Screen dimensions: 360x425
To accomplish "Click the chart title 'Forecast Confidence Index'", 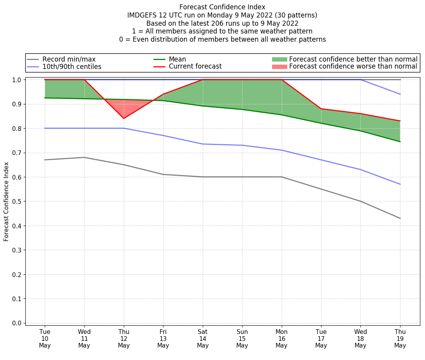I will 222,7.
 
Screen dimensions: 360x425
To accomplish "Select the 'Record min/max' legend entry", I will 69,59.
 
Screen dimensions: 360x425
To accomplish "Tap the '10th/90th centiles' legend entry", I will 72,67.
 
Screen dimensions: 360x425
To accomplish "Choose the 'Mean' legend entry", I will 177,59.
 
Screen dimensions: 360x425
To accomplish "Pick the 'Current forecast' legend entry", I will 195,67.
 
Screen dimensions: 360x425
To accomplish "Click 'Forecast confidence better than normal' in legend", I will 353,59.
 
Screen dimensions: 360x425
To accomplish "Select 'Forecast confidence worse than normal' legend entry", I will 353,67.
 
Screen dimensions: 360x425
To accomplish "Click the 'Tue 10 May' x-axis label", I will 45,338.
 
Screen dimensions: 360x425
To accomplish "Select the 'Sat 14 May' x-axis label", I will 203,338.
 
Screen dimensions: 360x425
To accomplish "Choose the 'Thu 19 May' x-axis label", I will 400,338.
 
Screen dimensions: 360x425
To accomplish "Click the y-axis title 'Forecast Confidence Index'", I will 6,202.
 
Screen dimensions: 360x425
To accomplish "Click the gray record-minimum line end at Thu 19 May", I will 400,218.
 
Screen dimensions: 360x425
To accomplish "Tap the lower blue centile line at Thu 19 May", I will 400,184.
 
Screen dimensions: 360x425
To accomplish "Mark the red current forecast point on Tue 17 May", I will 321,109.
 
